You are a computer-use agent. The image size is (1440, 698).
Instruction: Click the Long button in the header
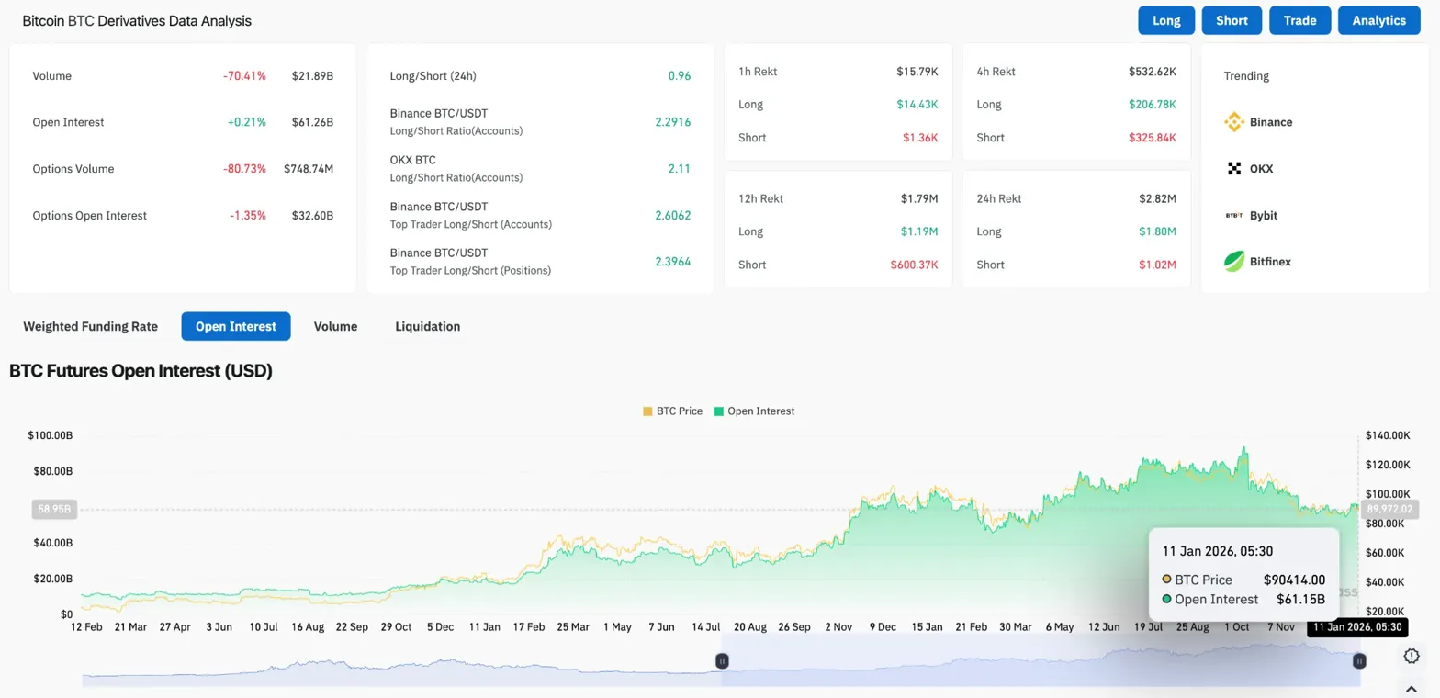pos(1166,20)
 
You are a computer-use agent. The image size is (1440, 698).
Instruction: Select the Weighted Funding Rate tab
pos(90,326)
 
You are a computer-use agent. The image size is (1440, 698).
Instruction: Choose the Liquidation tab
pos(427,326)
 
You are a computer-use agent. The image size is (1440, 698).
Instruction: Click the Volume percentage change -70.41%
pos(244,76)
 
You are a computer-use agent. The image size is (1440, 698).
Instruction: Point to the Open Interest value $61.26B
pos(312,122)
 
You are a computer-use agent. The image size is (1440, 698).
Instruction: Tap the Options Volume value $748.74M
pos(308,169)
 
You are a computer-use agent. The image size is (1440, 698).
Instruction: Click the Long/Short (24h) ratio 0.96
pos(679,76)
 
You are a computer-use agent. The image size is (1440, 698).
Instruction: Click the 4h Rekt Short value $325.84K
pos(1152,138)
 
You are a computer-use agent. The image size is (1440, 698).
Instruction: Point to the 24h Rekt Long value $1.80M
pos(1155,231)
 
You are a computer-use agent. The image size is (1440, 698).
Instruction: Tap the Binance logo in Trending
pos(1234,122)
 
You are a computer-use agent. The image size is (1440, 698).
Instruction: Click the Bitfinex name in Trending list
pos(1270,262)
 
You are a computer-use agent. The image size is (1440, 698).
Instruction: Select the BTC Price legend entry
pos(673,411)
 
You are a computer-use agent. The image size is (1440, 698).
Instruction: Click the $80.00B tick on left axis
pos(52,471)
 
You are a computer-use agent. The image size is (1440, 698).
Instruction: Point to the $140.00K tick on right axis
pos(1387,434)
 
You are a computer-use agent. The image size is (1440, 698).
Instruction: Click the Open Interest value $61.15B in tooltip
pos(1300,600)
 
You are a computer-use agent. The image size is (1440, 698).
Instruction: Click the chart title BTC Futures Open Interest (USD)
pos(141,371)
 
